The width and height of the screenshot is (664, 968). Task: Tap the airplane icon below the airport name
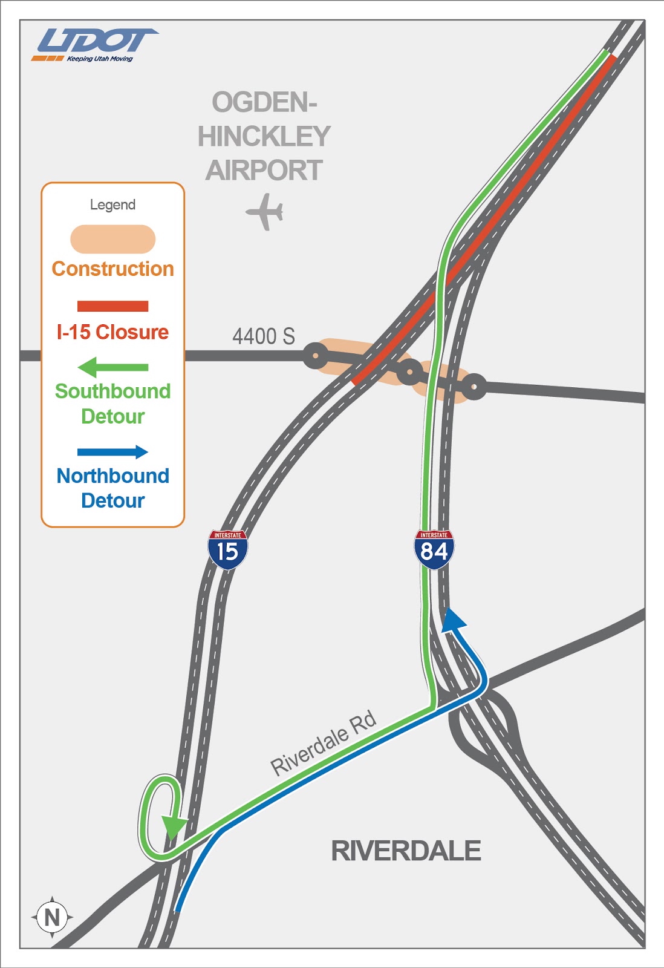(x=265, y=212)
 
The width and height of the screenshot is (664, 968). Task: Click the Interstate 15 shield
(x=227, y=549)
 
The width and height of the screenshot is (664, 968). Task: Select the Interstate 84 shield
(x=434, y=549)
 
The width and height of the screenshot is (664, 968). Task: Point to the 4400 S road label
(x=264, y=336)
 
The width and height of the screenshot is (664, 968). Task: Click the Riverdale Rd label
(x=324, y=743)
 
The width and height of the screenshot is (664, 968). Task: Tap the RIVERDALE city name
(x=406, y=851)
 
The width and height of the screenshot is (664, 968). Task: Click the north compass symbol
(x=52, y=917)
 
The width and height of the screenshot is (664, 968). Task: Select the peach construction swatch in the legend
(x=112, y=239)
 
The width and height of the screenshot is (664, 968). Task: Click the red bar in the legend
(x=112, y=306)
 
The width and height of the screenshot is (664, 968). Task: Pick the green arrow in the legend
(x=112, y=367)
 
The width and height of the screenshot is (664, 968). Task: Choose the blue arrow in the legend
(x=112, y=452)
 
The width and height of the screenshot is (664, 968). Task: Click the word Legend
(x=112, y=204)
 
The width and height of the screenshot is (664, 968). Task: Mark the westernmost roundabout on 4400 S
(x=315, y=356)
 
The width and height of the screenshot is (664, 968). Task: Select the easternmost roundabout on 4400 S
(x=475, y=387)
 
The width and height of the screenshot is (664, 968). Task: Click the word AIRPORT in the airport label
(x=264, y=170)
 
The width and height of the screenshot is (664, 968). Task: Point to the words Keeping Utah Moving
(x=100, y=59)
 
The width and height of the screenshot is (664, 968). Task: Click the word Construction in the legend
(x=112, y=269)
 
